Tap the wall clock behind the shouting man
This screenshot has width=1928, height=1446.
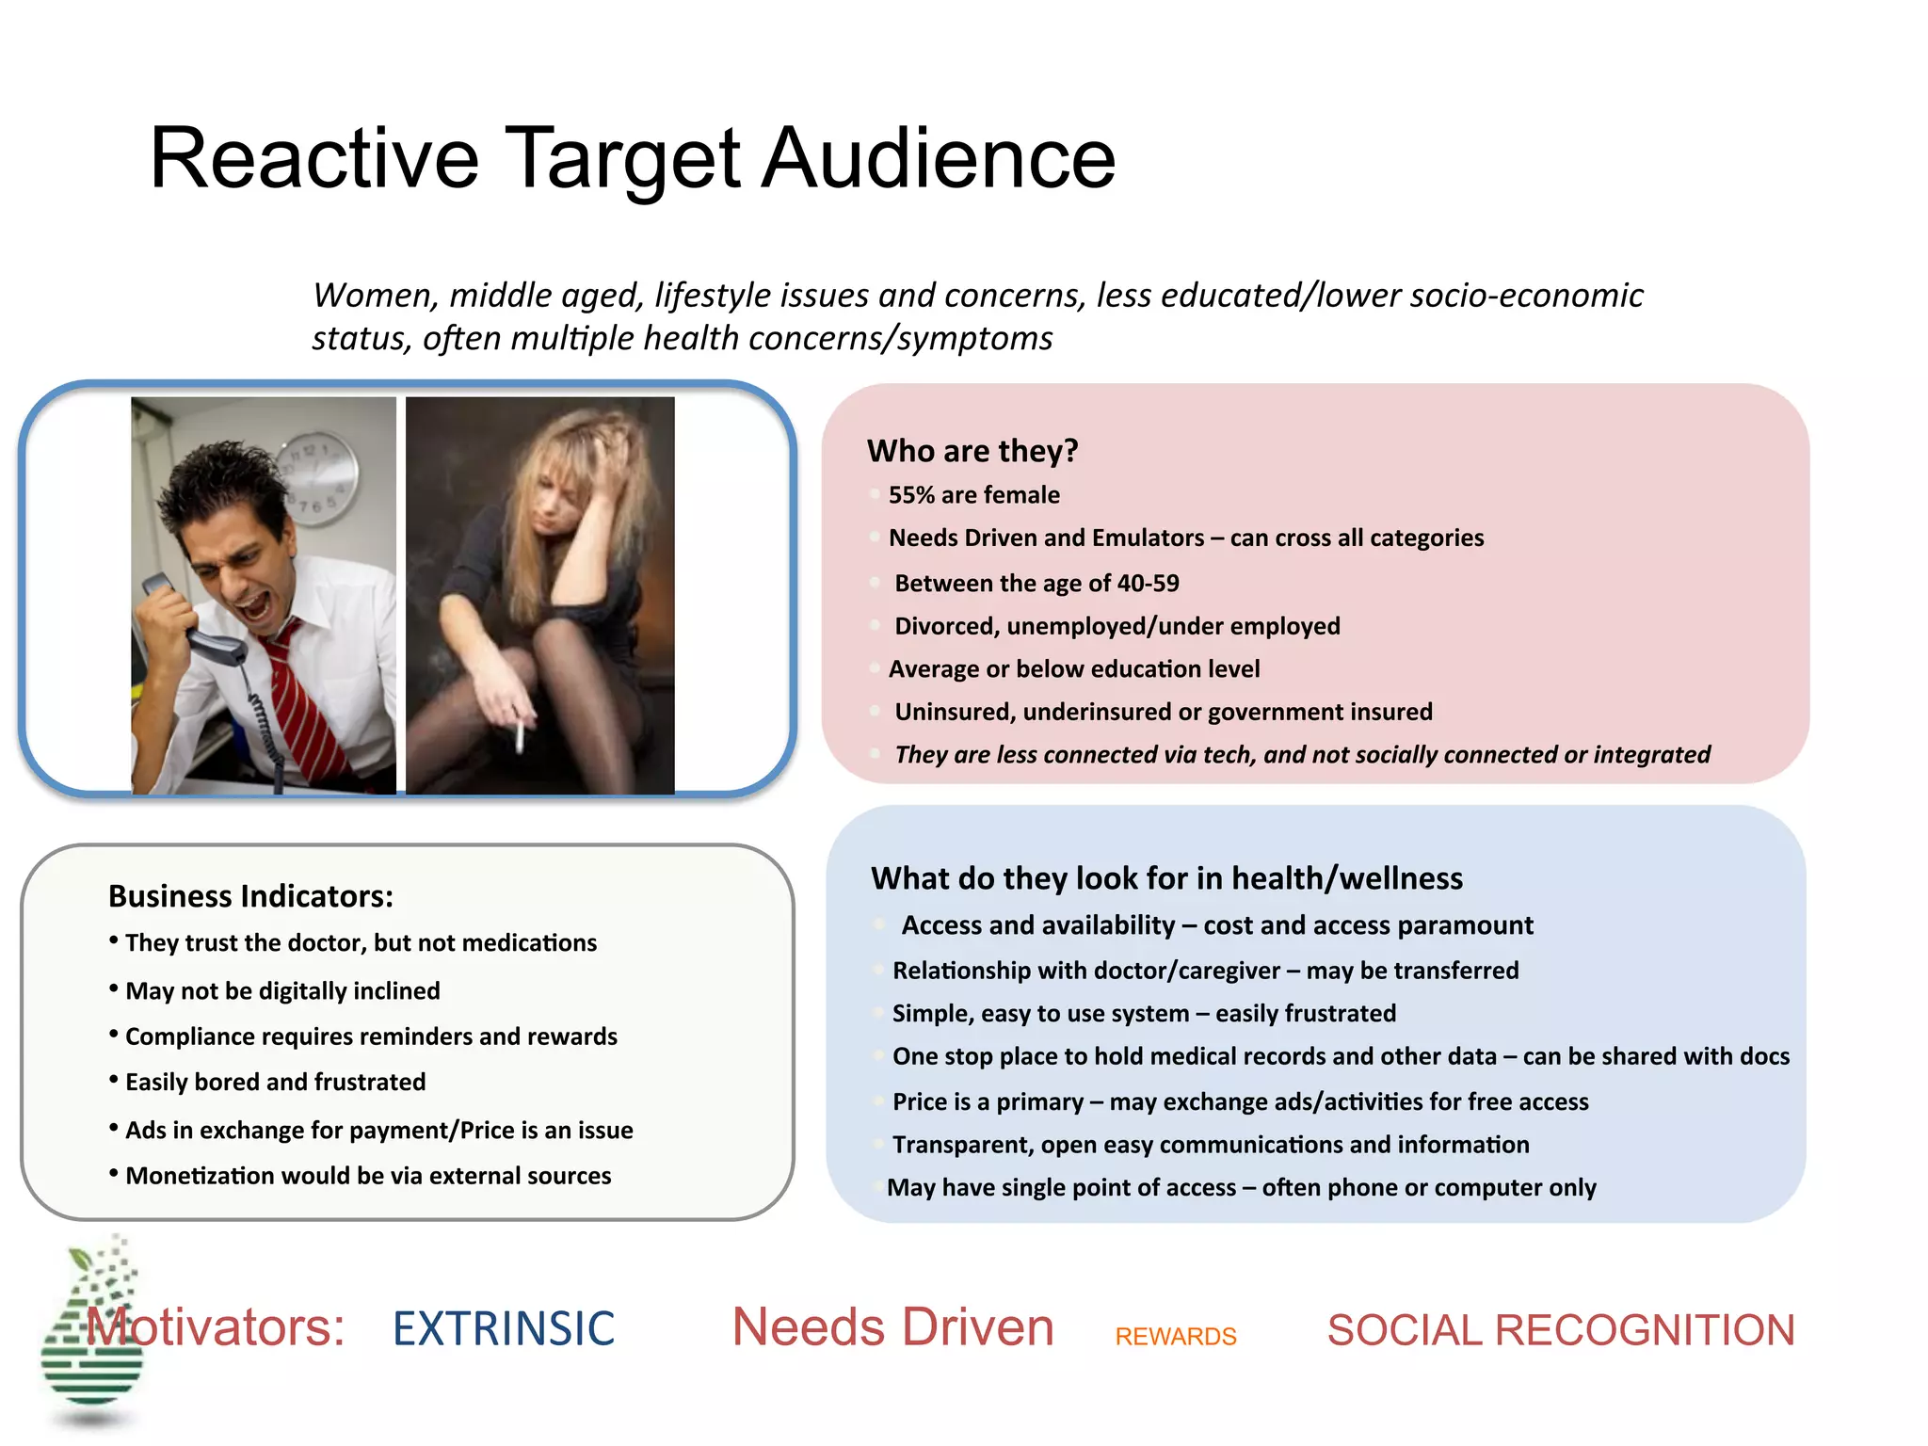pos(317,477)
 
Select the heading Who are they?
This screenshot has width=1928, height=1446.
pos(972,451)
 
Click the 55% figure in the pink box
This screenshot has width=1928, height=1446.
pos(912,495)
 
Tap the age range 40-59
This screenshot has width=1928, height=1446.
pos(1148,584)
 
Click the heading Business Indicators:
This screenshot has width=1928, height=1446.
pos(250,896)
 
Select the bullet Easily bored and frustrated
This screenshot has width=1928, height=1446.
pos(275,1082)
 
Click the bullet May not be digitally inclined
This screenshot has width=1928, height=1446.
pos(282,990)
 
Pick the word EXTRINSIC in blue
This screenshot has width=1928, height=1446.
pos(504,1328)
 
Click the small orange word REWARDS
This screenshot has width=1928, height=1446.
pos(1175,1336)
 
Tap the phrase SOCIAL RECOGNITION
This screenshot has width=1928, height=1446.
pos(1560,1330)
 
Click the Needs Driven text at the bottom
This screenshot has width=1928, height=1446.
pos(892,1327)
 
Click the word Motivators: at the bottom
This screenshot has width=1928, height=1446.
pos(217,1327)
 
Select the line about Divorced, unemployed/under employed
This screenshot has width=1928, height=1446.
pos(1117,626)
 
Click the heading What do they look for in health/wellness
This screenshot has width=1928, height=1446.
pos(1166,878)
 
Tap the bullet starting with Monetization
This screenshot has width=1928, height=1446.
pos(367,1176)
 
